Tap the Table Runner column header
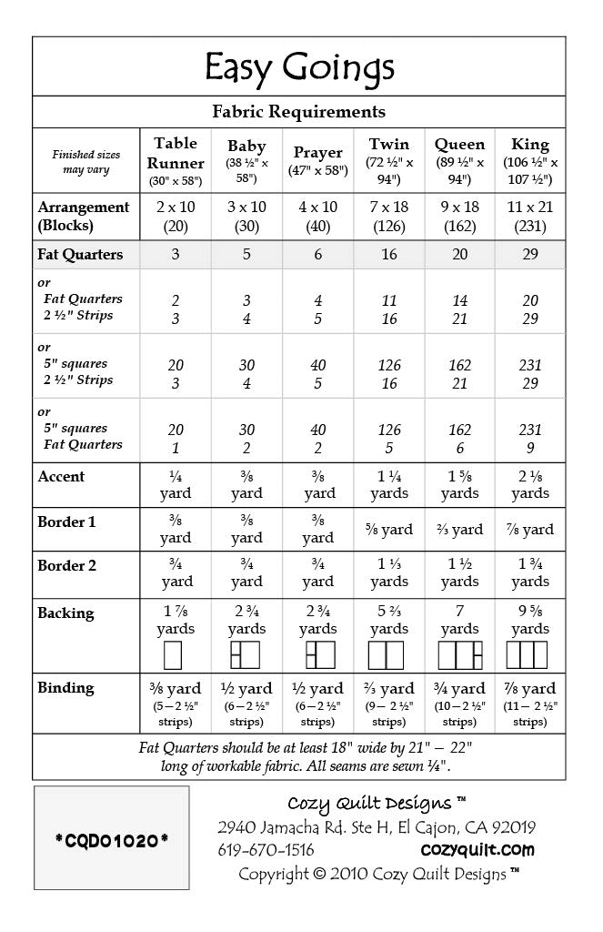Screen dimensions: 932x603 coord(176,160)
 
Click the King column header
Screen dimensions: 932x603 coord(529,160)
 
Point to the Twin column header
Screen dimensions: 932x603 coord(389,160)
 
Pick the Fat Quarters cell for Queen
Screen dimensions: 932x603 coord(459,255)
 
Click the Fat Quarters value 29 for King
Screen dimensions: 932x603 coord(529,255)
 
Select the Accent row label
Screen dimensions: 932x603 coord(61,476)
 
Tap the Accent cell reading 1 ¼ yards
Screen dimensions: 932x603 coord(389,484)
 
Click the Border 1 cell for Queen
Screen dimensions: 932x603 coord(459,529)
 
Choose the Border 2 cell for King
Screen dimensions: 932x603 coord(529,572)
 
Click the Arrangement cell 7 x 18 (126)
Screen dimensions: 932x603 coord(389,216)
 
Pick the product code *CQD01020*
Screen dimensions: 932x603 coord(111,839)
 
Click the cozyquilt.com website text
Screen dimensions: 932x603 coord(477,850)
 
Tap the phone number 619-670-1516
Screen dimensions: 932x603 coord(266,850)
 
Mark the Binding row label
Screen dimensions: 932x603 coord(65,688)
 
